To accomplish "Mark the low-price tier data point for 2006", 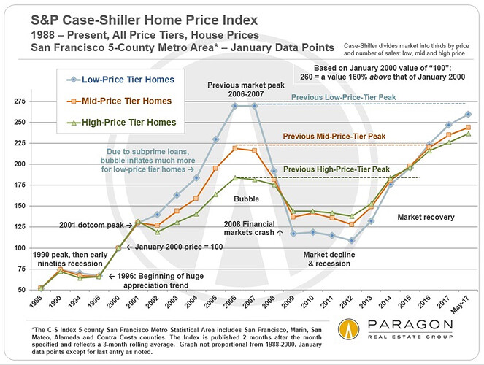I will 234,105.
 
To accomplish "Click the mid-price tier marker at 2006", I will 234,148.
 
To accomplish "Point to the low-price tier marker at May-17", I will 467,114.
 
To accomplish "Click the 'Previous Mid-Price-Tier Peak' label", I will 410,136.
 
